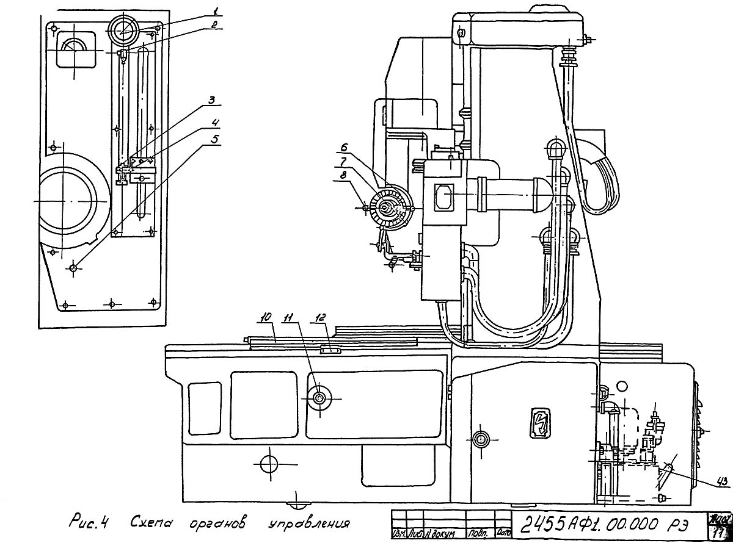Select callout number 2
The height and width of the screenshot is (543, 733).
214,24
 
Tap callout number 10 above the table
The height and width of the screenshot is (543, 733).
265,317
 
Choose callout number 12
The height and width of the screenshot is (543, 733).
320,317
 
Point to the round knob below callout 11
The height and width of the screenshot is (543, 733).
319,398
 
